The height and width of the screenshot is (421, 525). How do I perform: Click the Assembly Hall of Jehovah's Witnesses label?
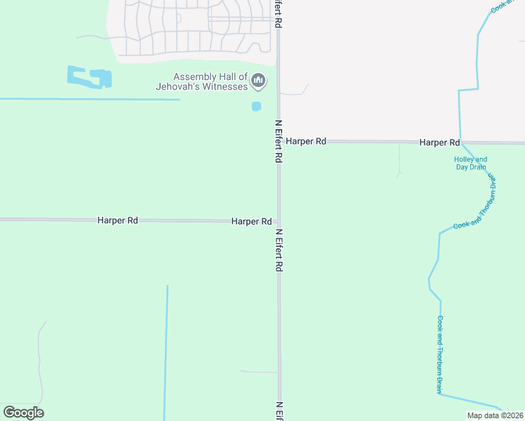tap(202, 81)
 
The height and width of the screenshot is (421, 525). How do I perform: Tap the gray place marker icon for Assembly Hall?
tap(259, 81)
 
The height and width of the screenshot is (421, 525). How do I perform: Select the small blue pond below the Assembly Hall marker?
tap(256, 107)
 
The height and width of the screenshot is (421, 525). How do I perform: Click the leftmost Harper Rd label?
tap(117, 220)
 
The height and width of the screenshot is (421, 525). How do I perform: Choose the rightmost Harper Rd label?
tap(439, 142)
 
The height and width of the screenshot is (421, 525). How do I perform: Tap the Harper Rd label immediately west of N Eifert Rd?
tap(251, 222)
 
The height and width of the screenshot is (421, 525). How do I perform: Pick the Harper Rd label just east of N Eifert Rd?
tap(306, 142)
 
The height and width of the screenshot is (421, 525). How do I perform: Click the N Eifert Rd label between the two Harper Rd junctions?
tap(279, 141)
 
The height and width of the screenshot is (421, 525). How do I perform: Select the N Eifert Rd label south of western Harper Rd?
tap(279, 250)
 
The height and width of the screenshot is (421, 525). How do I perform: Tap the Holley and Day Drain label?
tap(470, 163)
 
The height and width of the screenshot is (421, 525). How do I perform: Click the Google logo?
tap(23, 413)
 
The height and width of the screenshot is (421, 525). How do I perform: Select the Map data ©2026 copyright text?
tap(495, 415)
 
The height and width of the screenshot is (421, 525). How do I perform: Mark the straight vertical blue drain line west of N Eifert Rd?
tap(166, 351)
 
